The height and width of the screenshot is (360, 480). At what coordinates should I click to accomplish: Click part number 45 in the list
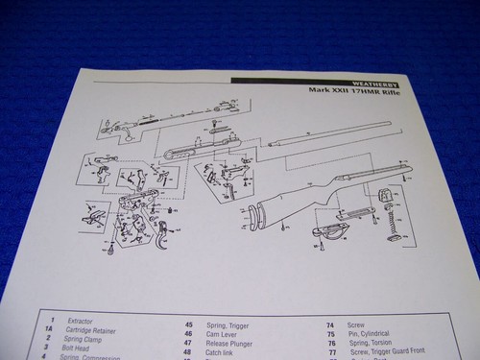[188, 324]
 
